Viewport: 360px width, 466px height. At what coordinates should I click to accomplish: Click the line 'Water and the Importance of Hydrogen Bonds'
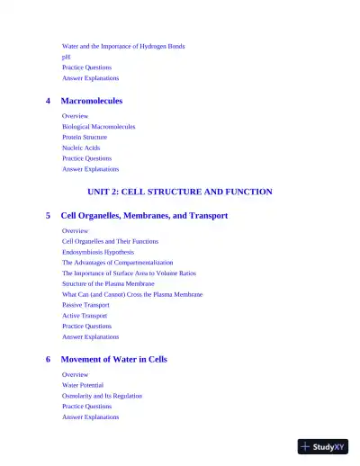[123, 46]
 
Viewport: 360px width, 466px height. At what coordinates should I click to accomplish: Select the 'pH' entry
[66, 57]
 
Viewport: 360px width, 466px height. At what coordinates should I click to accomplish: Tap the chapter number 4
[48, 101]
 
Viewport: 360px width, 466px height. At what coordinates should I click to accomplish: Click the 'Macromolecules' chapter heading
[91, 101]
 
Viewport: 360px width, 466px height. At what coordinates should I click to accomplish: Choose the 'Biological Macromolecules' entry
[98, 127]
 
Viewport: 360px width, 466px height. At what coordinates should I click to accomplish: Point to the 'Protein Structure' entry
[85, 138]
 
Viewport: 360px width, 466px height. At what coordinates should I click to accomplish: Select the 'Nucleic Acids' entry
[81, 148]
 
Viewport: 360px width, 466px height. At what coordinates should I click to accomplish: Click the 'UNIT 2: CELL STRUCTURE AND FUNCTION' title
[180, 192]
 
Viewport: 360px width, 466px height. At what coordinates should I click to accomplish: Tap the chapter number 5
[48, 216]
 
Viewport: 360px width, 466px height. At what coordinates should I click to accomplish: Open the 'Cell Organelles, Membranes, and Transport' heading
[144, 216]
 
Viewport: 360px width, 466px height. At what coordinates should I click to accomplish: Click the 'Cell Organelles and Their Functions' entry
[110, 241]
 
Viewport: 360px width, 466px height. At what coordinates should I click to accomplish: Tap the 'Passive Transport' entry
[85, 305]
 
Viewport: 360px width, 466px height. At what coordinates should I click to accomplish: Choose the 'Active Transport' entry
[84, 316]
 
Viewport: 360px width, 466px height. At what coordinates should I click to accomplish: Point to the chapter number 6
[48, 359]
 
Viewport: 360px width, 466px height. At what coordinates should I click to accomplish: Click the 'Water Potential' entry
[83, 385]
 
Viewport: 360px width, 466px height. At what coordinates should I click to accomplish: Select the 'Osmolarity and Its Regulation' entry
[102, 396]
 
